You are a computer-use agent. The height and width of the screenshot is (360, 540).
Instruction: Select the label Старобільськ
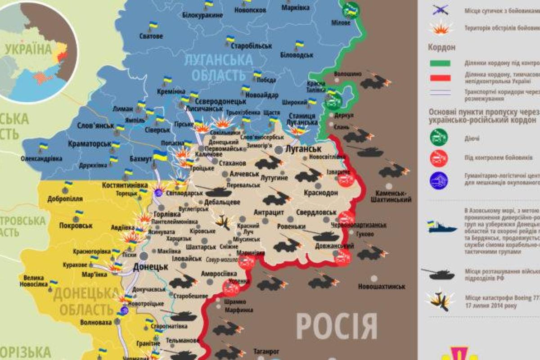(252, 46)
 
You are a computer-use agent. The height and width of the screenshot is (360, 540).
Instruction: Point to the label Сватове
(151, 36)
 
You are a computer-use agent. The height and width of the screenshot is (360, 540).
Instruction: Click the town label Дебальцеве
(222, 202)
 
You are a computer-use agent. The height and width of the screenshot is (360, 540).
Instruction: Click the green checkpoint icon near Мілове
(351, 8)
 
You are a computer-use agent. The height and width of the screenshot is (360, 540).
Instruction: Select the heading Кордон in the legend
(442, 47)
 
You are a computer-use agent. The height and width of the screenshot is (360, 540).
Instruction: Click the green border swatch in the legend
(440, 63)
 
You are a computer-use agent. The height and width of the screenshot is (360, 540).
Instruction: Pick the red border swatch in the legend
(440, 77)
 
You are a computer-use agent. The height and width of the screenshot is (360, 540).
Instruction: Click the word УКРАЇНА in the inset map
(28, 49)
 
